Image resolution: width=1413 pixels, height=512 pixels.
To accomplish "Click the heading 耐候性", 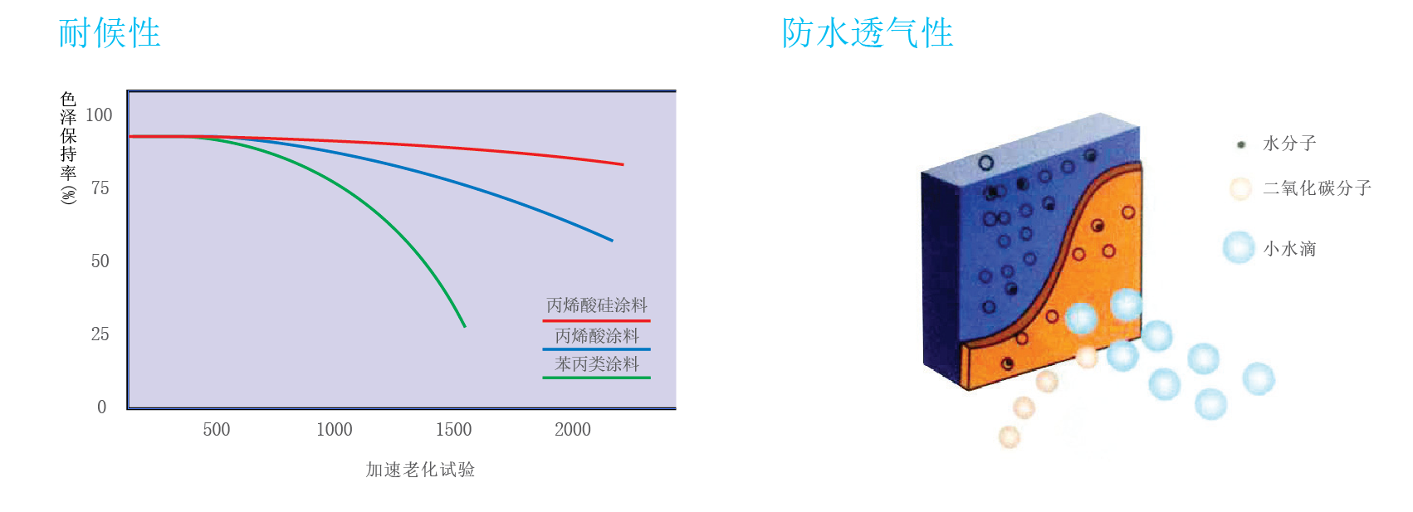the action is point(110,33).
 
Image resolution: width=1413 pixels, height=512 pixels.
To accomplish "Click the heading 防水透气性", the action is point(868,33).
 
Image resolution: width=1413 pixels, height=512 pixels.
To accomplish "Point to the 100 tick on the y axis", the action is point(99,115).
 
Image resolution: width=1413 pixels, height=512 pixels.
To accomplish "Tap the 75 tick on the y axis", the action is point(100,188).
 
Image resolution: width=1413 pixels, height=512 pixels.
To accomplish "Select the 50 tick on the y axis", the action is point(100,261).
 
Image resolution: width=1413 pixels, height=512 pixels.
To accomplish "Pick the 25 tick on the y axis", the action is point(100,334).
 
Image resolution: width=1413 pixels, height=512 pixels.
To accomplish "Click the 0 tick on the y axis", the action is point(101,407).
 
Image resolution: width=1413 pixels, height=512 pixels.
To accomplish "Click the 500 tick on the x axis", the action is point(217,429).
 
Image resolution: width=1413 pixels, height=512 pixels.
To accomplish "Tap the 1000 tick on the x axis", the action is point(335,429).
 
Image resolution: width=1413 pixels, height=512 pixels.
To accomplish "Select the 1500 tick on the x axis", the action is point(453,429).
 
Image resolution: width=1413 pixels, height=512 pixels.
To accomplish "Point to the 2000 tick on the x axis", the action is point(573,429).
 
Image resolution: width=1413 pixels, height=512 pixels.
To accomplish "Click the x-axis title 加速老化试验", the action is point(420,470).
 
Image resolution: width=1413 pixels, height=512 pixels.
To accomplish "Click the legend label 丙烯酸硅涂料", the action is point(597,306).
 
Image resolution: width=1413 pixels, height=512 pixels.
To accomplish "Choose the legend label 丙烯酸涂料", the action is point(597,336).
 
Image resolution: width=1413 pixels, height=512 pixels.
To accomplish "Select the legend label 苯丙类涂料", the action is point(597,364).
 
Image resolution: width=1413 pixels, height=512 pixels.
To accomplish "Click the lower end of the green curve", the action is point(465,327).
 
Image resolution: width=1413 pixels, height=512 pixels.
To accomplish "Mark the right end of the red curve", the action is point(623,164).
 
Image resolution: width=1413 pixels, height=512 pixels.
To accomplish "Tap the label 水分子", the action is point(1289,144).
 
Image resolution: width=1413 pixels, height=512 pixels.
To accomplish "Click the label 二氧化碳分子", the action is point(1318,188).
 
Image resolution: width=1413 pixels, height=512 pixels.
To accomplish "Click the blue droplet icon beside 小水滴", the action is point(1239,247).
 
